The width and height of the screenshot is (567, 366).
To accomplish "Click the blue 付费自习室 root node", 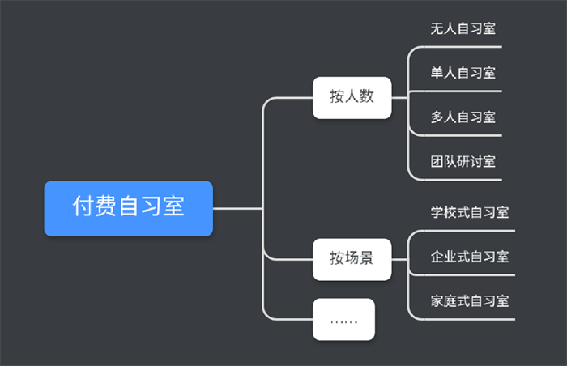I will (128, 208).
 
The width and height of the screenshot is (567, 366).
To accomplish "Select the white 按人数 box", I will (352, 97).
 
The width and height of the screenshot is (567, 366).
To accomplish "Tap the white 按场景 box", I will (352, 259).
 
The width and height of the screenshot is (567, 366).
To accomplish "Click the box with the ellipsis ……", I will (343, 319).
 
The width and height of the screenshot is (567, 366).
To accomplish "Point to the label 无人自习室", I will (463, 28).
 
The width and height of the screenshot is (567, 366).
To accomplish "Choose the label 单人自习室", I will (463, 73).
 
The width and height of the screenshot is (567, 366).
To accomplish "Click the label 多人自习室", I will (463, 117).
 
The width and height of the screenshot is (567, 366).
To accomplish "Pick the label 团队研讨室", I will (463, 161).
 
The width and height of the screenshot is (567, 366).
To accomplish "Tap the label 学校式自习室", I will (470, 213).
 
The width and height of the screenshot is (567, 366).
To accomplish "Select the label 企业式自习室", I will (470, 257).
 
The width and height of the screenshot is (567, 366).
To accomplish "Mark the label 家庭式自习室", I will (470, 301).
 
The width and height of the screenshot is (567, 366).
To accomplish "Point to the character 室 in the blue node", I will (173, 207).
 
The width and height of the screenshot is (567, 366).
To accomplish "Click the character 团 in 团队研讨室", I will (437, 161).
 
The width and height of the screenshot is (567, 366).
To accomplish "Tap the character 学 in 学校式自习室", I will (437, 213).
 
